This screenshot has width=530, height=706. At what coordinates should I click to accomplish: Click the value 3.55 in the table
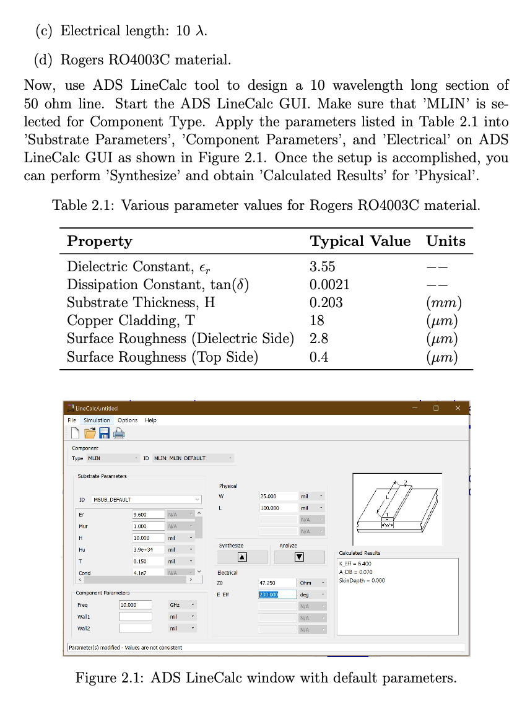322,267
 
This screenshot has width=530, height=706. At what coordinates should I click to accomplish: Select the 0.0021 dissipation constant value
329,285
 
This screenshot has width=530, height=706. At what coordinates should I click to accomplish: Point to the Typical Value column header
360,241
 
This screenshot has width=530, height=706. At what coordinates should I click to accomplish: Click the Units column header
446,241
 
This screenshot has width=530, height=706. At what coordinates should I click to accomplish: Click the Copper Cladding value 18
317,321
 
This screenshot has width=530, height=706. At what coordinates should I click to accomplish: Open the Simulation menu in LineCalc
97,421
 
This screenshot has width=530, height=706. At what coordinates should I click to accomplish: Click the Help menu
150,421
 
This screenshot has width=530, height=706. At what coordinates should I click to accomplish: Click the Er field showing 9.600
148,515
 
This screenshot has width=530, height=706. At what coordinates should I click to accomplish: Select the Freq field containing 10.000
135,604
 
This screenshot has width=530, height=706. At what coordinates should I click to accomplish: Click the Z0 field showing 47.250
277,583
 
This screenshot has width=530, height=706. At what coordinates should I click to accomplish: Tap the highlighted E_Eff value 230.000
269,595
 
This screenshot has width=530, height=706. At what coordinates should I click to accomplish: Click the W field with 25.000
277,496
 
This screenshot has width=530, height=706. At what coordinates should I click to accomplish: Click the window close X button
458,408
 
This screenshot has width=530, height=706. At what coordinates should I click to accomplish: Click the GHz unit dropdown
182,604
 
